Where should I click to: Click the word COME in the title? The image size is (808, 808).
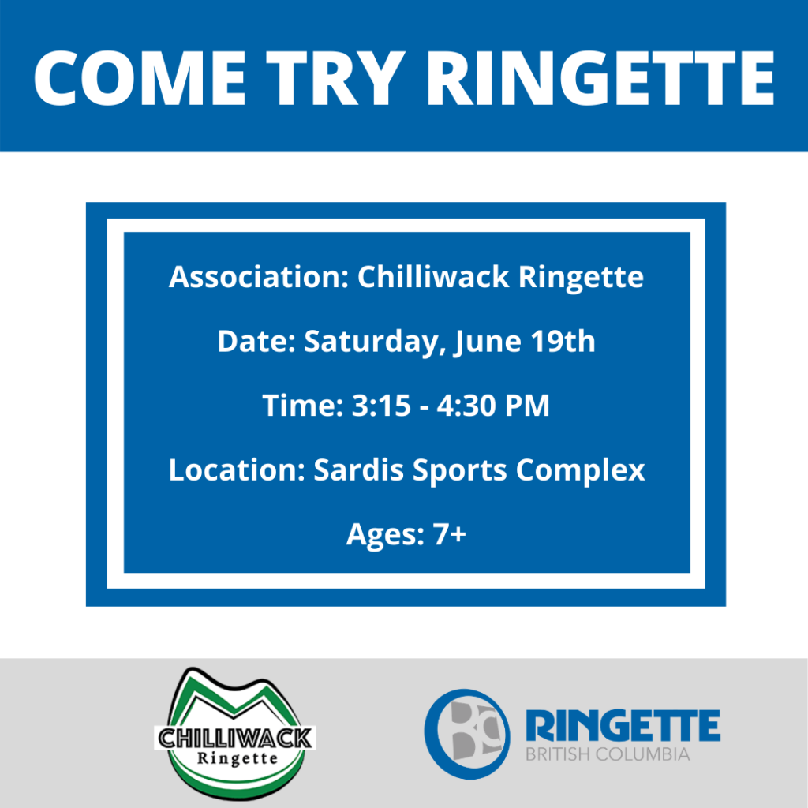(x=140, y=78)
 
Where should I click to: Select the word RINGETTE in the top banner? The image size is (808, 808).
(x=600, y=78)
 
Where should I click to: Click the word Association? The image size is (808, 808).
(x=259, y=277)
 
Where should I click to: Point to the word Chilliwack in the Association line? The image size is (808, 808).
(x=433, y=277)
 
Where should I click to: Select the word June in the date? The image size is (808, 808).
(x=487, y=342)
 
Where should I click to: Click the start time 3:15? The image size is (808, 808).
(x=381, y=405)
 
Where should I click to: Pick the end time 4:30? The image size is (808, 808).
(x=466, y=405)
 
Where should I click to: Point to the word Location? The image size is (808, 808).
(x=237, y=469)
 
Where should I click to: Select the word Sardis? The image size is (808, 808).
(x=359, y=469)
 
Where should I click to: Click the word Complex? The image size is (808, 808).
(x=580, y=471)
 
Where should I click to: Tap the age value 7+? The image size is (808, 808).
(x=449, y=534)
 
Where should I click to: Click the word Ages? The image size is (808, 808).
(x=385, y=535)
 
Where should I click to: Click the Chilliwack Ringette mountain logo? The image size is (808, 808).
(x=235, y=732)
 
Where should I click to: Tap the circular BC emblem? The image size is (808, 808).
(x=467, y=733)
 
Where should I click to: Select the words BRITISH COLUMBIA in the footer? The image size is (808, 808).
(x=608, y=754)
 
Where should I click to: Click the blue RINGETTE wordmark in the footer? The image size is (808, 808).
(x=623, y=726)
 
